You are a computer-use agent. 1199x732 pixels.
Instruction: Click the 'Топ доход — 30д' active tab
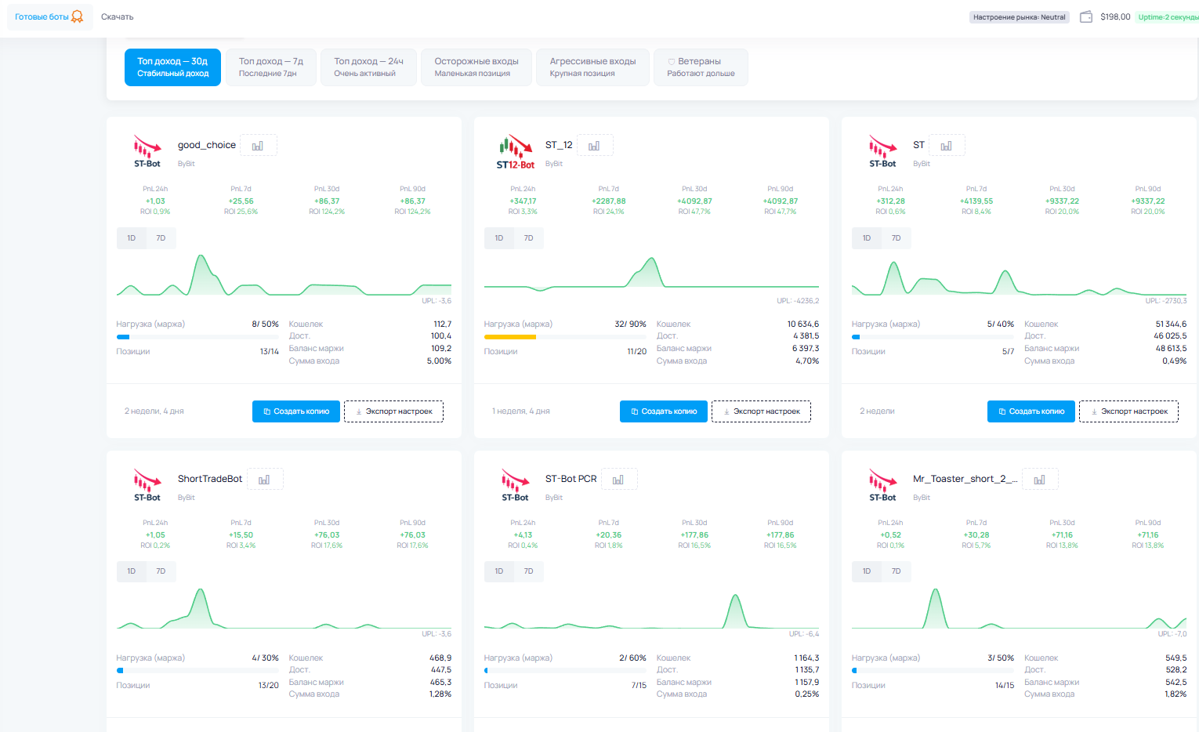(x=172, y=67)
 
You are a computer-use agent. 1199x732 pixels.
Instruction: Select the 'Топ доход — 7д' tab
(x=270, y=67)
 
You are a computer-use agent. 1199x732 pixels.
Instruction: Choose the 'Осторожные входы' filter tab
(x=476, y=67)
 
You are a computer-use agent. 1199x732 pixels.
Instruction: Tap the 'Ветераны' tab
(x=701, y=67)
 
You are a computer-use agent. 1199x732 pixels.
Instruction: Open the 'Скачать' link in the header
(x=118, y=16)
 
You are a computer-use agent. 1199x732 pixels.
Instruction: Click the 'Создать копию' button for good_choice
(x=295, y=411)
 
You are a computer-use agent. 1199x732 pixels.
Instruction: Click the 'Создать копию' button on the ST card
(x=1031, y=411)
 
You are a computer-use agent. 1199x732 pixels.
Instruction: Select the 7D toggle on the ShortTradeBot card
(x=161, y=571)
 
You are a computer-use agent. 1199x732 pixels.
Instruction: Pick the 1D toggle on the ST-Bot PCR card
(x=499, y=571)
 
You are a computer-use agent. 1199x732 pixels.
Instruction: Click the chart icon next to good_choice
(x=258, y=146)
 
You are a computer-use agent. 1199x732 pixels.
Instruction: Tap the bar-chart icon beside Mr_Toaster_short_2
(x=1039, y=480)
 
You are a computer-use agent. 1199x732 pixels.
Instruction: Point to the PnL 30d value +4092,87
(x=695, y=201)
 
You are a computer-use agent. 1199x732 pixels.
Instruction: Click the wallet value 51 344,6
(x=1171, y=324)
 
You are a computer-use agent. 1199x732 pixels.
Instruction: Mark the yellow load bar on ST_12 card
(x=510, y=337)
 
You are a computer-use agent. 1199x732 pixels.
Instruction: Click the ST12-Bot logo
(x=515, y=152)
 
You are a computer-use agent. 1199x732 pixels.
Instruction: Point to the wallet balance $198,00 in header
(x=1115, y=16)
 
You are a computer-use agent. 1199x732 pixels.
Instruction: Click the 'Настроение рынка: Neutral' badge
(x=1020, y=17)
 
